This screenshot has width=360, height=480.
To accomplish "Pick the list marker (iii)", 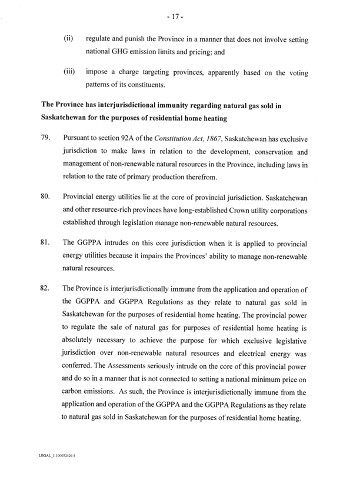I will click(69, 74).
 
